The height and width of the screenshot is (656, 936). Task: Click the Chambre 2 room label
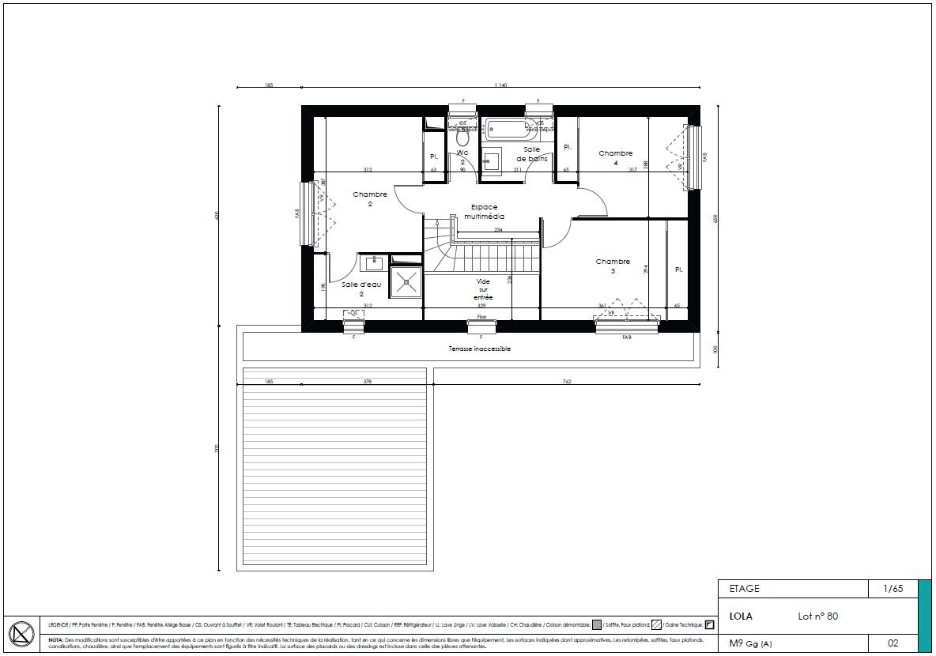pyautogui.click(x=370, y=199)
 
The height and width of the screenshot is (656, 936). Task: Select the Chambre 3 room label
pyautogui.click(x=613, y=266)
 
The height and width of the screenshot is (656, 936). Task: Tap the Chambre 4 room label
pyautogui.click(x=615, y=158)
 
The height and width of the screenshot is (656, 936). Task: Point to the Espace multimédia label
pyautogui.click(x=484, y=212)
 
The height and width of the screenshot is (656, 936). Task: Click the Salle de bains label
pyautogui.click(x=531, y=154)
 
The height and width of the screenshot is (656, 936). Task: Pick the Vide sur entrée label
pyautogui.click(x=483, y=289)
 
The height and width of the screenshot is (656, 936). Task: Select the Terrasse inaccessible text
pyautogui.click(x=479, y=349)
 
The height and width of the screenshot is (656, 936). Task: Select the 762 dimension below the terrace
pyautogui.click(x=567, y=382)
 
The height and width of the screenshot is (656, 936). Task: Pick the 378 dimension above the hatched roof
pyautogui.click(x=367, y=382)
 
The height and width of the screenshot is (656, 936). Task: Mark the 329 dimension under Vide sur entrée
pyautogui.click(x=482, y=305)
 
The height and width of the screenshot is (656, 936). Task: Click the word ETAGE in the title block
pyautogui.click(x=744, y=589)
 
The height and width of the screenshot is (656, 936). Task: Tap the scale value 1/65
pyautogui.click(x=893, y=589)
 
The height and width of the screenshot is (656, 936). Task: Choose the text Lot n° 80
pyautogui.click(x=817, y=616)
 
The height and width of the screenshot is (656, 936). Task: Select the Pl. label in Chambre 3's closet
pyautogui.click(x=678, y=270)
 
